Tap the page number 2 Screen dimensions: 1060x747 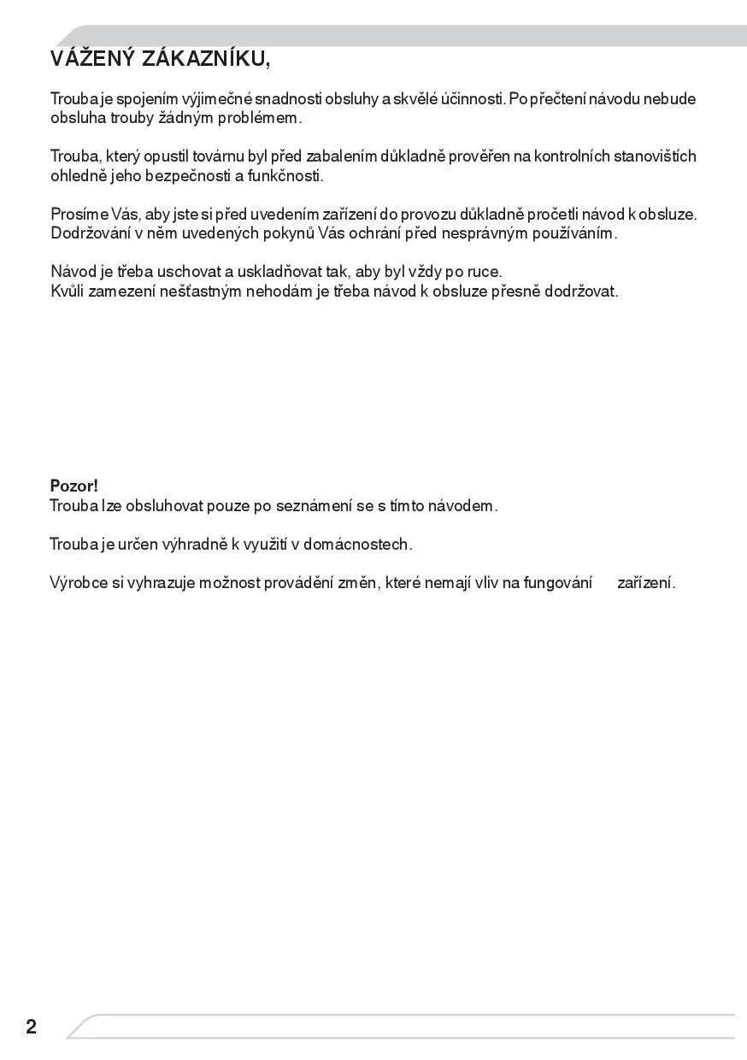point(31,1027)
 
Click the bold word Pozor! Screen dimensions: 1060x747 point(74,486)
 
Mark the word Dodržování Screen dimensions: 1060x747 point(90,233)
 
